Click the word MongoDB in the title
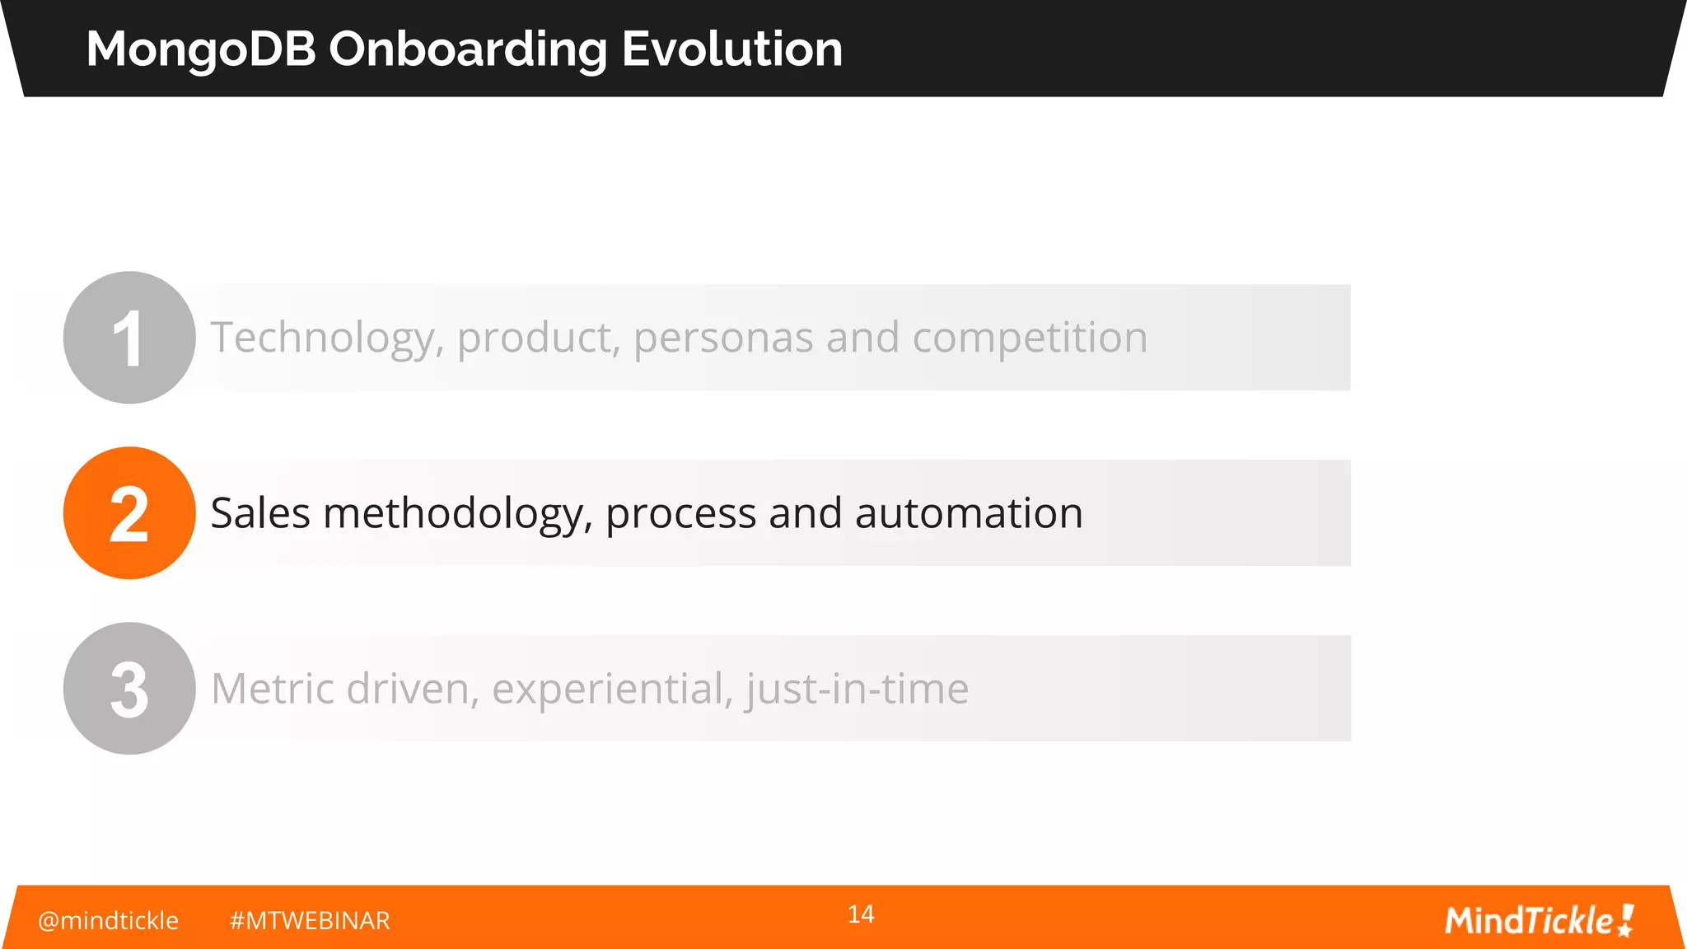tap(201, 49)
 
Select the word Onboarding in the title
tap(467, 49)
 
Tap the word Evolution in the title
tap(731, 49)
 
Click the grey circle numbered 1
tap(129, 338)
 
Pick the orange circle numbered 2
tap(129, 513)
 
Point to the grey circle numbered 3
tap(129, 689)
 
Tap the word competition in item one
tap(1030, 339)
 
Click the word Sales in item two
tap(260, 513)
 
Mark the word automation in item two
tap(969, 513)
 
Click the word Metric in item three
tap(272, 689)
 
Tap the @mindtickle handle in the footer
tap(108, 920)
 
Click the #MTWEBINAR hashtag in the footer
tap(310, 920)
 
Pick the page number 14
tap(861, 914)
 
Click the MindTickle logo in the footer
tap(1539, 920)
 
